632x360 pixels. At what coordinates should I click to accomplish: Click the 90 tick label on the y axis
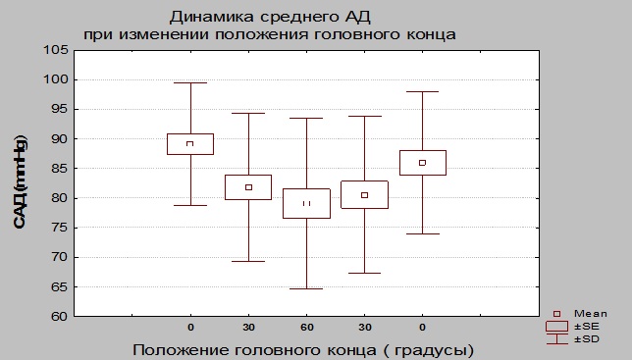click(x=58, y=139)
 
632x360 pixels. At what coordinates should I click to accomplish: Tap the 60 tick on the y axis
click(x=58, y=317)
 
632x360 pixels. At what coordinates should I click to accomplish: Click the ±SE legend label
click(x=585, y=326)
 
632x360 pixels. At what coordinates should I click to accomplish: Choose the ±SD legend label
click(x=585, y=337)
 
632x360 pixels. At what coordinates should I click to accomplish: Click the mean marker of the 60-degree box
click(x=306, y=203)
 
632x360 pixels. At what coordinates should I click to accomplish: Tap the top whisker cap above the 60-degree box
click(x=306, y=119)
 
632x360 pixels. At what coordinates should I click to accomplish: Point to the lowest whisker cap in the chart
click(x=306, y=288)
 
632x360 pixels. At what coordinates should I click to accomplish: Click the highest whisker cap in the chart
click(x=189, y=83)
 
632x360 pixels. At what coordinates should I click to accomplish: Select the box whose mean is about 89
click(x=189, y=144)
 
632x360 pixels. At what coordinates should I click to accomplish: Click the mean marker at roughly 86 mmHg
click(x=422, y=163)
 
